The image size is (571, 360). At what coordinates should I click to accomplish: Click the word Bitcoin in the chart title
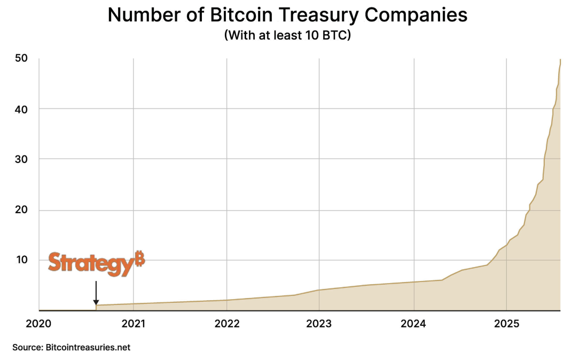[244, 15]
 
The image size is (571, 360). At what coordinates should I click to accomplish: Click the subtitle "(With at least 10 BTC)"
[287, 37]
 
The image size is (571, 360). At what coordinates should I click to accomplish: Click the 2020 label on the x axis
[39, 323]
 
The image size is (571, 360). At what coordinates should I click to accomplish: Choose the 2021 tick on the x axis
[133, 323]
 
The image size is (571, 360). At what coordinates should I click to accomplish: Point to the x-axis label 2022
[226, 323]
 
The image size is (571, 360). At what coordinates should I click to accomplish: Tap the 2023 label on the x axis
[319, 323]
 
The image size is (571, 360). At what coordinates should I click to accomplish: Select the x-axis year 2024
[413, 323]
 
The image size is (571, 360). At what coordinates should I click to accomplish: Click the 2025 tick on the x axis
[507, 323]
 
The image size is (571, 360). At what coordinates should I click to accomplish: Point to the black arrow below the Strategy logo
[96, 293]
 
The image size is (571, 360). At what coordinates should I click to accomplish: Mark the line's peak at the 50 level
[560, 59]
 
